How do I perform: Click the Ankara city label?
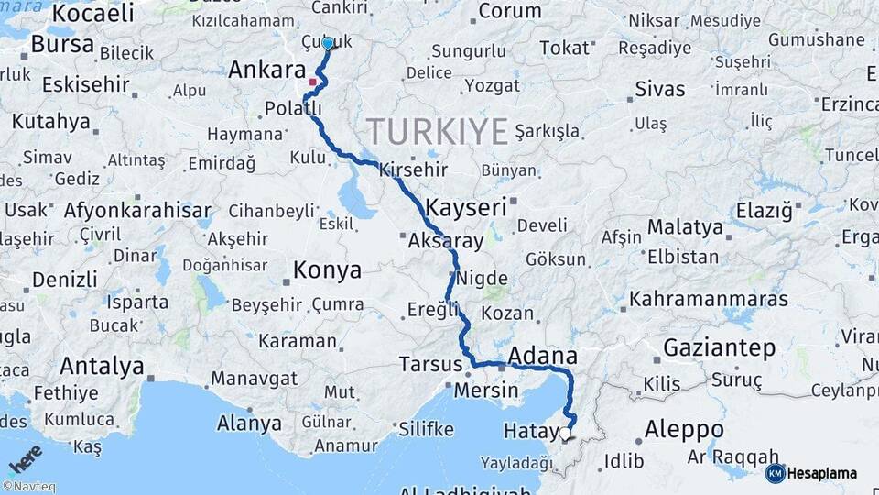pos(266,71)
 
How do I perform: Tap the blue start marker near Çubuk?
pos(328,43)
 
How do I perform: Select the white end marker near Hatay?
pos(565,434)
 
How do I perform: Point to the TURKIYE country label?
pos(437,131)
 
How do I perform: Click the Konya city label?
pos(327,270)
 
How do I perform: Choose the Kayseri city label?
pos(466,208)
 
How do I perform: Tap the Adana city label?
pos(542,356)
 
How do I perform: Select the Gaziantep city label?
pos(720,348)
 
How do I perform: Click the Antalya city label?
pos(102,367)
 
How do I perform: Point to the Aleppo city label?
pos(684,429)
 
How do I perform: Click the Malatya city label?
pos(685,226)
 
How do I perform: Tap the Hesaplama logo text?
pos(821,474)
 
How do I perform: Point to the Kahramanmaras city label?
pos(709,300)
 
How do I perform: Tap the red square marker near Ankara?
pos(312,82)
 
